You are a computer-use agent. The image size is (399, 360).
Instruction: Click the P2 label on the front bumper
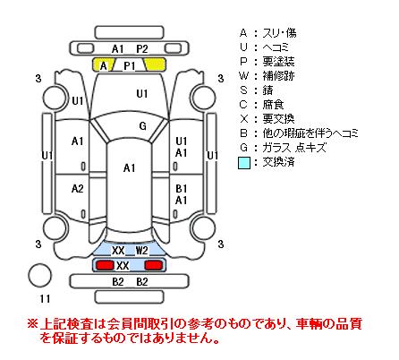coord(142,48)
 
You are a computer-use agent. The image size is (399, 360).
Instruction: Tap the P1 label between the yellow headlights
coord(130,65)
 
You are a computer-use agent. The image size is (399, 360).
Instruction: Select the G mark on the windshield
coord(143,126)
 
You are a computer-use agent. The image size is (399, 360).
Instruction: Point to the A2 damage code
coord(78,189)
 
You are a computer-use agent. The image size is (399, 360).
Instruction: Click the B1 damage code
coord(181,189)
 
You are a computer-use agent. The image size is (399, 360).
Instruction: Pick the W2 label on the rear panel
coord(142,250)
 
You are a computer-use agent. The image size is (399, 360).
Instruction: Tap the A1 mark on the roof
coord(129,168)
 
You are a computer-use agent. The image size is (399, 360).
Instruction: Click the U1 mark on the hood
coord(142,94)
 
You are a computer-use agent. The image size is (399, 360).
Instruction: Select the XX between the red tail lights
coord(123,265)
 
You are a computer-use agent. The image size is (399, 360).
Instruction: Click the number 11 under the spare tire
coord(45,298)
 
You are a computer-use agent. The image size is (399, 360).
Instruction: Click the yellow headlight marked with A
coord(104,64)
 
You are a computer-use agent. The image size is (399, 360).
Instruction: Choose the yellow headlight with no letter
coord(155,64)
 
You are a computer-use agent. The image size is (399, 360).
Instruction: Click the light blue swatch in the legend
coord(244,163)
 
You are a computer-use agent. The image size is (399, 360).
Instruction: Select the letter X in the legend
coord(243,119)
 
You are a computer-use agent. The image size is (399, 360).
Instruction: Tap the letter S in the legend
coord(243,90)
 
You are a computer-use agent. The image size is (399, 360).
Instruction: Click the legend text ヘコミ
coord(276,47)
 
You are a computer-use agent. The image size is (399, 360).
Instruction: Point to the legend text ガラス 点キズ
coord(294,148)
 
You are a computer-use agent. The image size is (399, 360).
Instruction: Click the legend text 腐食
coord(273,105)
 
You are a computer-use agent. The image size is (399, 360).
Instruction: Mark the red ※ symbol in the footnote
coord(32,323)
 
